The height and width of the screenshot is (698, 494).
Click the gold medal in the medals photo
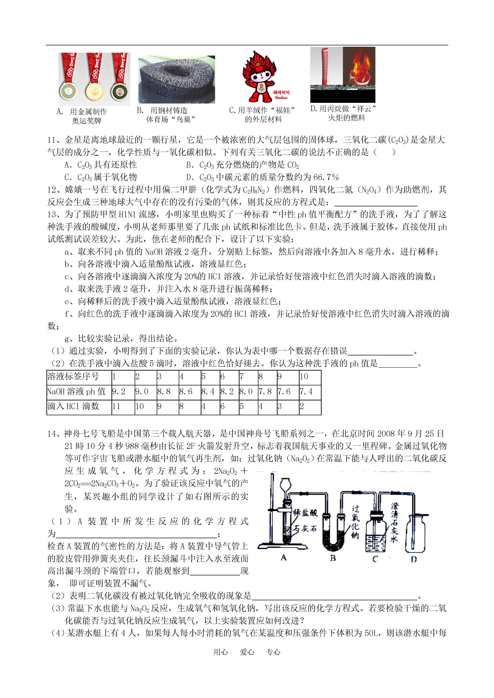click(x=94, y=91)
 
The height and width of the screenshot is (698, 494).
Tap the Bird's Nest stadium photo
click(x=177, y=80)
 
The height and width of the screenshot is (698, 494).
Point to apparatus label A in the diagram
click(x=284, y=557)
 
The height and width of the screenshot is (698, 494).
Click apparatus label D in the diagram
click(x=414, y=559)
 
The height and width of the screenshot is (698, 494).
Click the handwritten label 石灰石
click(x=305, y=528)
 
